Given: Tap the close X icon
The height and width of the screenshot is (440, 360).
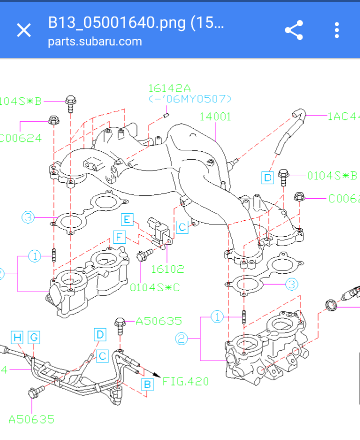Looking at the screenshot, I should click(x=23, y=30).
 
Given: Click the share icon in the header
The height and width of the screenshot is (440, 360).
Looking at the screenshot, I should click(x=294, y=30).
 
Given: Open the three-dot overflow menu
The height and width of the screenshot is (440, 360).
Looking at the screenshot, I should click(x=337, y=30).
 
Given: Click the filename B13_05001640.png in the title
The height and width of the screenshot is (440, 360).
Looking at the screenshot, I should click(x=135, y=22).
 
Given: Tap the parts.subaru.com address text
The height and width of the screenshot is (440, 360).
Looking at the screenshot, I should click(x=94, y=41).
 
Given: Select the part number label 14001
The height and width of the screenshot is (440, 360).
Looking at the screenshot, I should click(x=215, y=117).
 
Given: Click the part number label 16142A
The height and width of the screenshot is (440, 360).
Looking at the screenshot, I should click(x=169, y=88).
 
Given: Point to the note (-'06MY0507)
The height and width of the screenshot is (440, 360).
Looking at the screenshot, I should click(x=190, y=99).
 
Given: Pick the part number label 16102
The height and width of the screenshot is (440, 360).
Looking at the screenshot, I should click(x=167, y=269).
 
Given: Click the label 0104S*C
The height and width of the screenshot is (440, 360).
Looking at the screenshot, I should click(x=155, y=288).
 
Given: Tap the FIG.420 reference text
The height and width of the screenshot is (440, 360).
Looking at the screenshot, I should click(x=185, y=382).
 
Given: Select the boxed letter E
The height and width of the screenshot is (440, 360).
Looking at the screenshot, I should click(x=127, y=219).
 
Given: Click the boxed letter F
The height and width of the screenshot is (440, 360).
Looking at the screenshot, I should click(x=118, y=237).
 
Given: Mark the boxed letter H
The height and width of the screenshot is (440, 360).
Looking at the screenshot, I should click(x=17, y=338).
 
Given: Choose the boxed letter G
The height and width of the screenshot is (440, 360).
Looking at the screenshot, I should click(x=33, y=338).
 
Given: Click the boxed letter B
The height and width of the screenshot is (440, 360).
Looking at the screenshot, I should click(x=147, y=385).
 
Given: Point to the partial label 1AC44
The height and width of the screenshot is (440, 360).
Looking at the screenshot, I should click(x=343, y=116).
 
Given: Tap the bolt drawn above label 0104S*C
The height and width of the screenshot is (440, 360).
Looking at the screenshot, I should click(x=143, y=256).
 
